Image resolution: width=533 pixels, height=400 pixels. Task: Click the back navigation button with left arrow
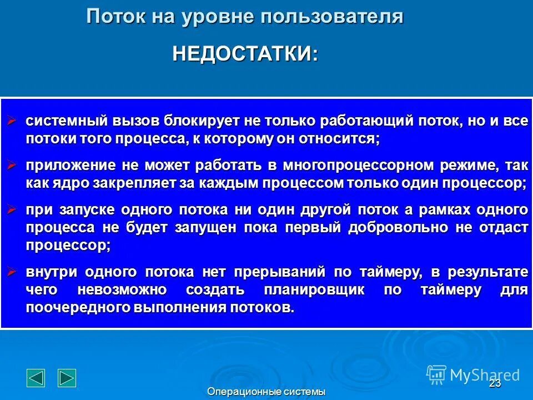36,377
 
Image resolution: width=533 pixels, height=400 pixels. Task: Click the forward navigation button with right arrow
67,377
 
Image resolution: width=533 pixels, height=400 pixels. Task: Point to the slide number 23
495,384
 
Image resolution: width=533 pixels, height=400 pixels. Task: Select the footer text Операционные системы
266,392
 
